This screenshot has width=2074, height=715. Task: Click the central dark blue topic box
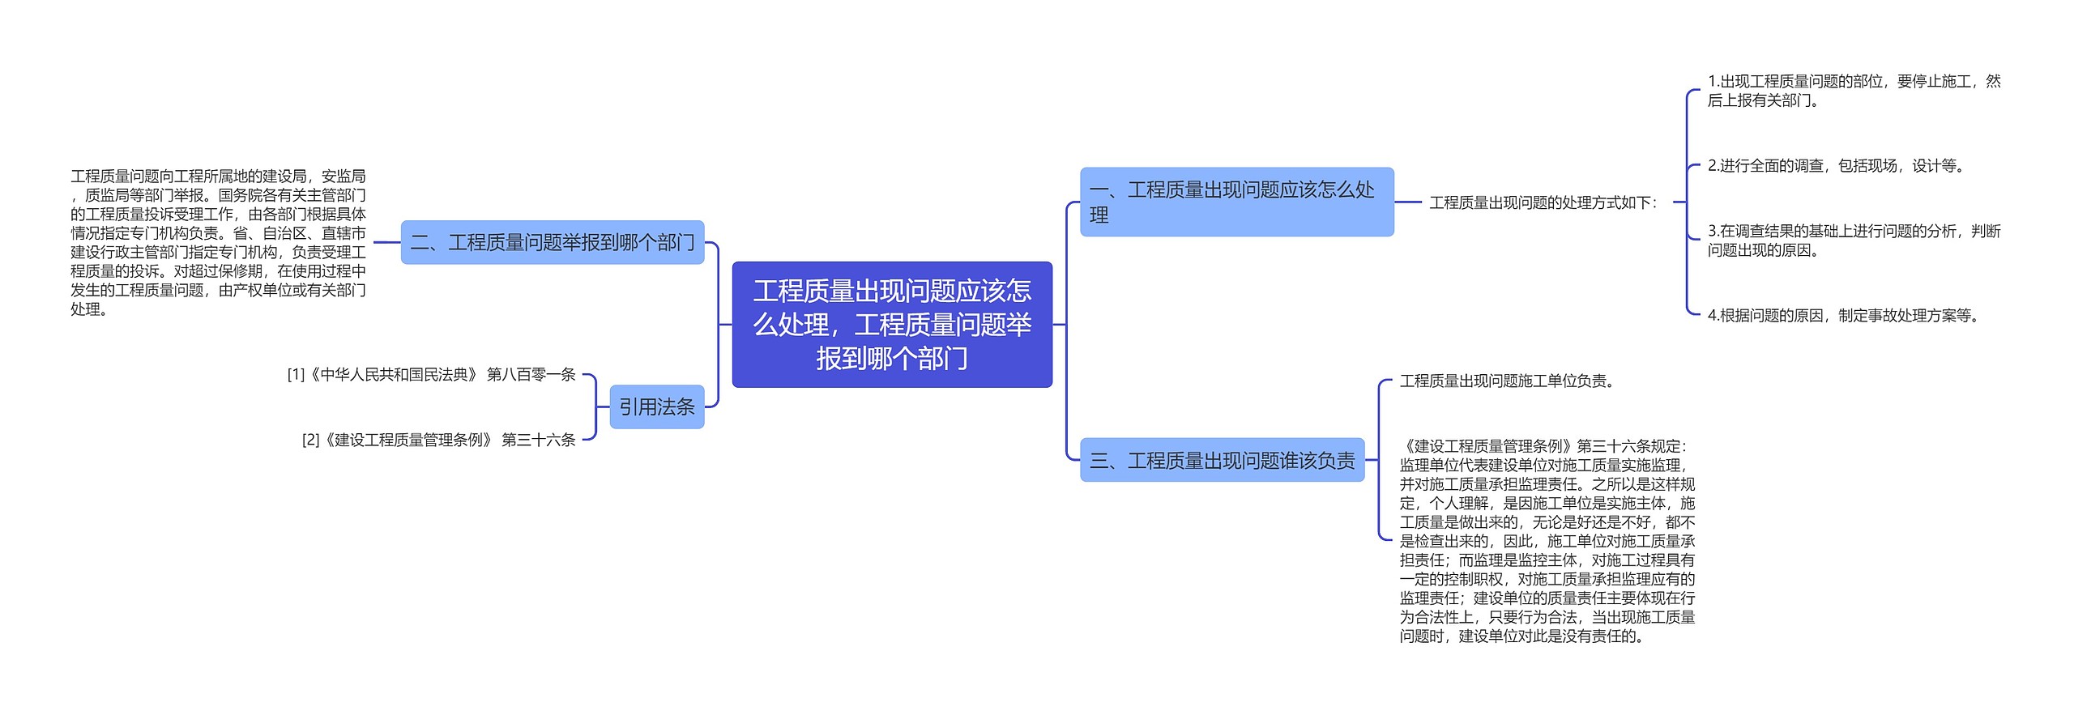point(891,324)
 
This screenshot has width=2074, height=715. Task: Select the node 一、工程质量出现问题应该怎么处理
point(1235,202)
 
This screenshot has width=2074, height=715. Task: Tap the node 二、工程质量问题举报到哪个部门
point(552,242)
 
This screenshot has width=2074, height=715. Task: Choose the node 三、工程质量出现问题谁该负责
point(1222,460)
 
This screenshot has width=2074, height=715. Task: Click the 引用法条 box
point(656,406)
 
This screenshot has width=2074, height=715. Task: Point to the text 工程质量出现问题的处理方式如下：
point(1543,202)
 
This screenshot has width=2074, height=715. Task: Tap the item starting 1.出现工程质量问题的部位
point(1854,91)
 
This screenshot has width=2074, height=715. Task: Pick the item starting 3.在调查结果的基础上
point(1854,240)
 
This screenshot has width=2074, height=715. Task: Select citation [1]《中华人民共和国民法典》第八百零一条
point(431,374)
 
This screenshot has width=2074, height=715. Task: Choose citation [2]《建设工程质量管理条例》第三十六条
point(438,440)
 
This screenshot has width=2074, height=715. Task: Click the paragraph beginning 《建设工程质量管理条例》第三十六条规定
point(1547,540)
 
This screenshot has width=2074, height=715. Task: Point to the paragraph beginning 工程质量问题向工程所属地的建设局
point(218,242)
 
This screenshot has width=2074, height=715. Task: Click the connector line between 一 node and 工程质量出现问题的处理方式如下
point(1408,202)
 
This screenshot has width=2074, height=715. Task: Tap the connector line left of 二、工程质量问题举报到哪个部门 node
point(386,242)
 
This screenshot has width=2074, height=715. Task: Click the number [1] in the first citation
point(296,374)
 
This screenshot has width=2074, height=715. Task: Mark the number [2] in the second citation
point(310,440)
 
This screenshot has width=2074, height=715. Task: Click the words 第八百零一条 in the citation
point(531,374)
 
